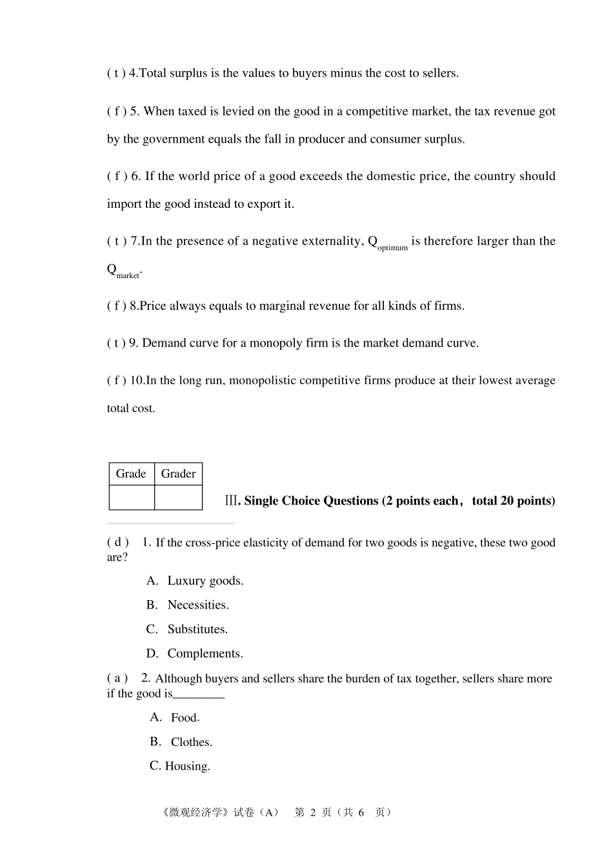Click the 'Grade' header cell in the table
(x=131, y=474)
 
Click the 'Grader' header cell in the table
(x=178, y=474)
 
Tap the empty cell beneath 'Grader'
(x=178, y=498)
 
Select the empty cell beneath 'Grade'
(x=132, y=498)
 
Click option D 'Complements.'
(x=205, y=654)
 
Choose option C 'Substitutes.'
(x=197, y=629)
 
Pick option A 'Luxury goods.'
(x=205, y=581)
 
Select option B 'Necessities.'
(x=197, y=605)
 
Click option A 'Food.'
(x=185, y=718)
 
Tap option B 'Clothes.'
(x=191, y=742)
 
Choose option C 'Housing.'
(x=186, y=767)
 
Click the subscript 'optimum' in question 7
(x=392, y=248)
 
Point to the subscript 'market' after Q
(x=128, y=276)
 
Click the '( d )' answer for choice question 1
(x=117, y=542)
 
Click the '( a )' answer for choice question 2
(x=117, y=678)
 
